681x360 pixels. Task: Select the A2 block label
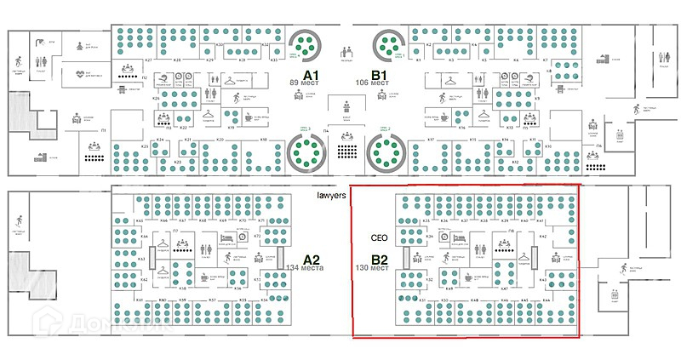[x=312, y=260]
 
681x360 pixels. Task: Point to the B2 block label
[x=380, y=260]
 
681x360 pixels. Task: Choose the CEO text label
[x=380, y=238]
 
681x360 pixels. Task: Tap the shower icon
[x=41, y=38]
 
